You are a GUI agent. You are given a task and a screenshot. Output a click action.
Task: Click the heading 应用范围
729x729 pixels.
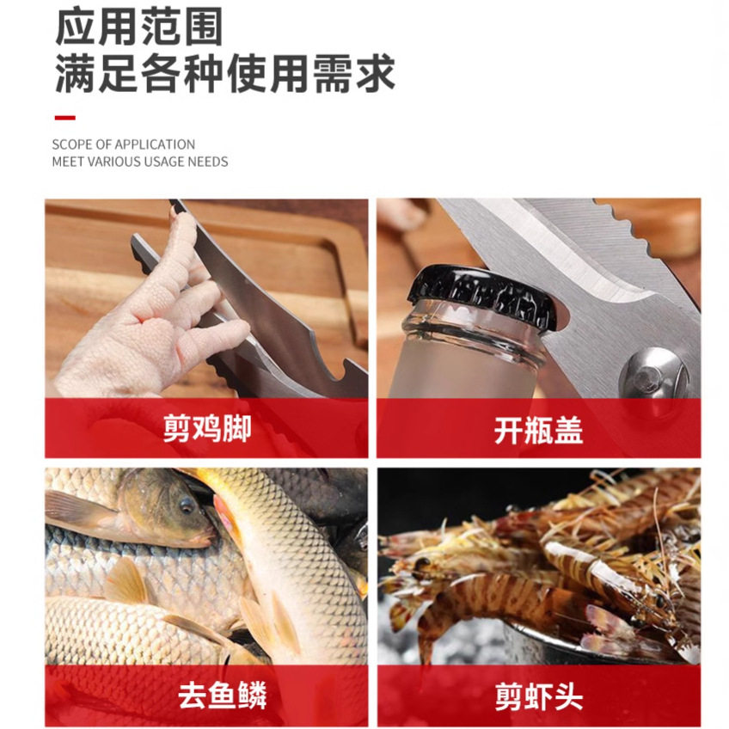click(x=139, y=29)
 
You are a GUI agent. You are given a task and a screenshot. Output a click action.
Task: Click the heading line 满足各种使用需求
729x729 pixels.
click(x=225, y=75)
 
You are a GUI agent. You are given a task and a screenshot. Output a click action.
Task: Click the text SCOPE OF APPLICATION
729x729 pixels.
click(x=123, y=144)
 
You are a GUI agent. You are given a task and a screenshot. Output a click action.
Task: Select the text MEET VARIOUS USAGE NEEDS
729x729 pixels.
click(x=139, y=162)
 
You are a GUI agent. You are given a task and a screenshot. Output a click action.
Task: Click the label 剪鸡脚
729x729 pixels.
click(x=207, y=429)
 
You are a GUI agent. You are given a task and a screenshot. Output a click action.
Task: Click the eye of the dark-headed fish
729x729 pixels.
click(x=187, y=505)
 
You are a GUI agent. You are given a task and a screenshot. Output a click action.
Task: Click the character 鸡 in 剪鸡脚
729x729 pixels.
click(x=207, y=429)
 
